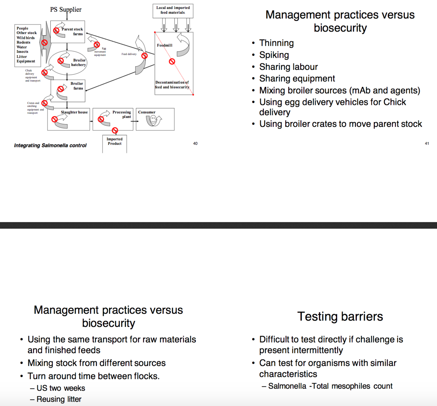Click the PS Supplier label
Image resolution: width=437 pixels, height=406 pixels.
(66, 10)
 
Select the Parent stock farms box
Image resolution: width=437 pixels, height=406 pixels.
(68, 32)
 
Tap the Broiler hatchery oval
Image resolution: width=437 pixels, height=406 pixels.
(68, 63)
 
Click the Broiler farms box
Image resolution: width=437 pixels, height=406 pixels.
(68, 91)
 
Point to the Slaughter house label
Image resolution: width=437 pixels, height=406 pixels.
(74, 112)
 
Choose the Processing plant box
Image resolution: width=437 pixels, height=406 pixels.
(113, 119)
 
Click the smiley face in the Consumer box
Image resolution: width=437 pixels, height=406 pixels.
(153, 120)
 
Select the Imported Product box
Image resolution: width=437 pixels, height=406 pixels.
(115, 143)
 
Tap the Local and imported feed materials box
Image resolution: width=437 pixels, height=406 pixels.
(173, 10)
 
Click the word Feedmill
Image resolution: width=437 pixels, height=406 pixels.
(164, 45)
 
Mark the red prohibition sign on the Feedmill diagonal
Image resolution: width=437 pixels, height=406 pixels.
(172, 61)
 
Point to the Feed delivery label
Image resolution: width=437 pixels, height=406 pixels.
(129, 54)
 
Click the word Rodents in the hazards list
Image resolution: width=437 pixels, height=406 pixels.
(24, 42)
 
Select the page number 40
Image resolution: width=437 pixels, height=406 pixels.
(195, 143)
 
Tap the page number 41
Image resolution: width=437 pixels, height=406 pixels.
(427, 143)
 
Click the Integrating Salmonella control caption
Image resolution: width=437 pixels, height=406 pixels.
(50, 145)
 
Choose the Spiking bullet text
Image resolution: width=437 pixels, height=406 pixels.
(274, 55)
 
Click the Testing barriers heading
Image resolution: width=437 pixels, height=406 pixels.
(340, 316)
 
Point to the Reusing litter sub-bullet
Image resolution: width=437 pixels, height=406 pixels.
(59, 399)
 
